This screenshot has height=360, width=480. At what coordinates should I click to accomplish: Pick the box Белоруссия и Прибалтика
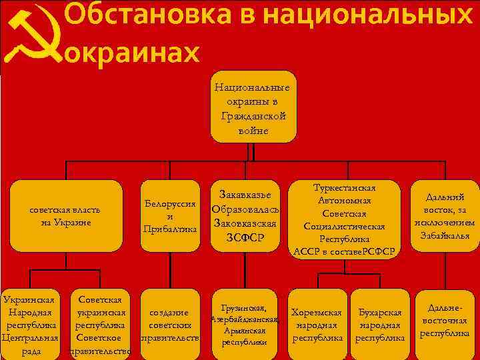point(170,217)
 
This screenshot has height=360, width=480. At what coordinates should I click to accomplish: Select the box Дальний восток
point(445,216)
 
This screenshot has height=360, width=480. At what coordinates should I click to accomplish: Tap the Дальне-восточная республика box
point(445,320)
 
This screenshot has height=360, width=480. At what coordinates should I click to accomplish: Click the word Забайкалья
point(445,235)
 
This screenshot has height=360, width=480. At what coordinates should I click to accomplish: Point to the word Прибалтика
point(170,229)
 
